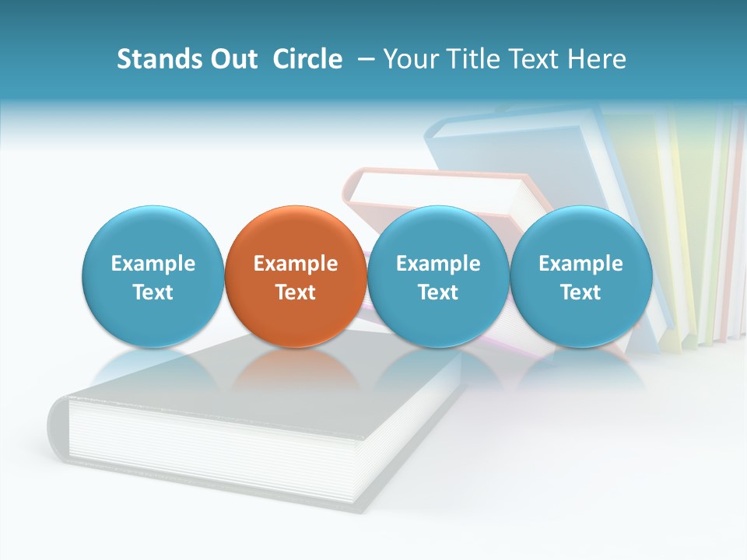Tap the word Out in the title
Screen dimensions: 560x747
point(233,59)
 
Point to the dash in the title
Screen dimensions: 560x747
point(363,60)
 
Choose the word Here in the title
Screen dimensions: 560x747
point(597,59)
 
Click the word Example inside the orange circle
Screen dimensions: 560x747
point(296,264)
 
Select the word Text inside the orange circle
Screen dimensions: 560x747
point(296,292)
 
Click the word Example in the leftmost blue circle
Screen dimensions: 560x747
point(153,264)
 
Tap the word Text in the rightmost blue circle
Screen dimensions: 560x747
point(580,292)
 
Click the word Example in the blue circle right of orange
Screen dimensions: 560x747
point(438,264)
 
